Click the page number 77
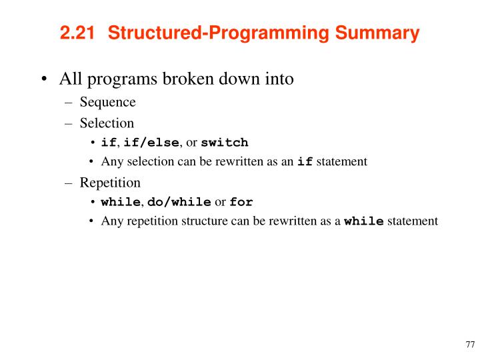click(x=469, y=345)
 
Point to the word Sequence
click(x=107, y=102)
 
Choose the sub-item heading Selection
click(x=107, y=123)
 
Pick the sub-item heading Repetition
click(x=110, y=182)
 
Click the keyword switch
click(x=225, y=142)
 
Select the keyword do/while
click(x=179, y=202)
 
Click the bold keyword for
click(x=241, y=202)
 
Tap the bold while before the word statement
click(x=363, y=221)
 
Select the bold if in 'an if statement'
click(x=305, y=161)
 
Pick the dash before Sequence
click(x=70, y=103)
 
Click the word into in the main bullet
click(x=278, y=79)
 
